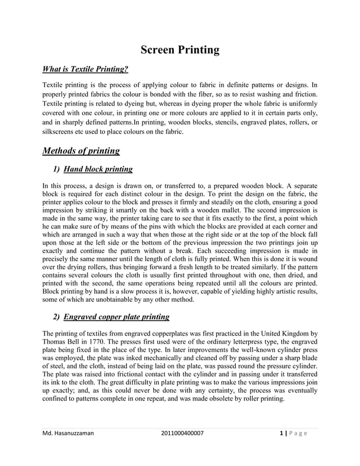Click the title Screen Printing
[179, 50]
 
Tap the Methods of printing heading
[81, 151]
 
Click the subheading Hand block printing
[98, 169]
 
